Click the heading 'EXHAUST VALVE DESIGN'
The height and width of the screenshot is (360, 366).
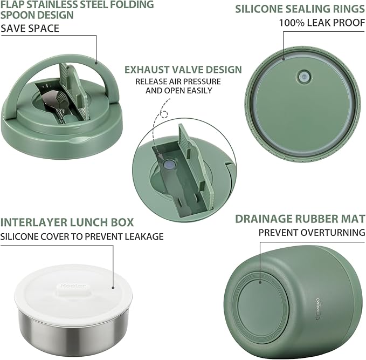click(183, 70)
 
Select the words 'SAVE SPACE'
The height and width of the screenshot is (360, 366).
click(30, 28)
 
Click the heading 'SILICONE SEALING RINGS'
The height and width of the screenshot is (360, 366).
click(300, 9)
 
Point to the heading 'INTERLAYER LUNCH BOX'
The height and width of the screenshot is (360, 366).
click(67, 222)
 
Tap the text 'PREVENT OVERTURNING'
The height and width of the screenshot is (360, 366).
click(312, 233)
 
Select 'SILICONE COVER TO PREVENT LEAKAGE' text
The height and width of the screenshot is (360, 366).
click(82, 236)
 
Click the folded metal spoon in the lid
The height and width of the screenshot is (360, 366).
click(51, 103)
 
